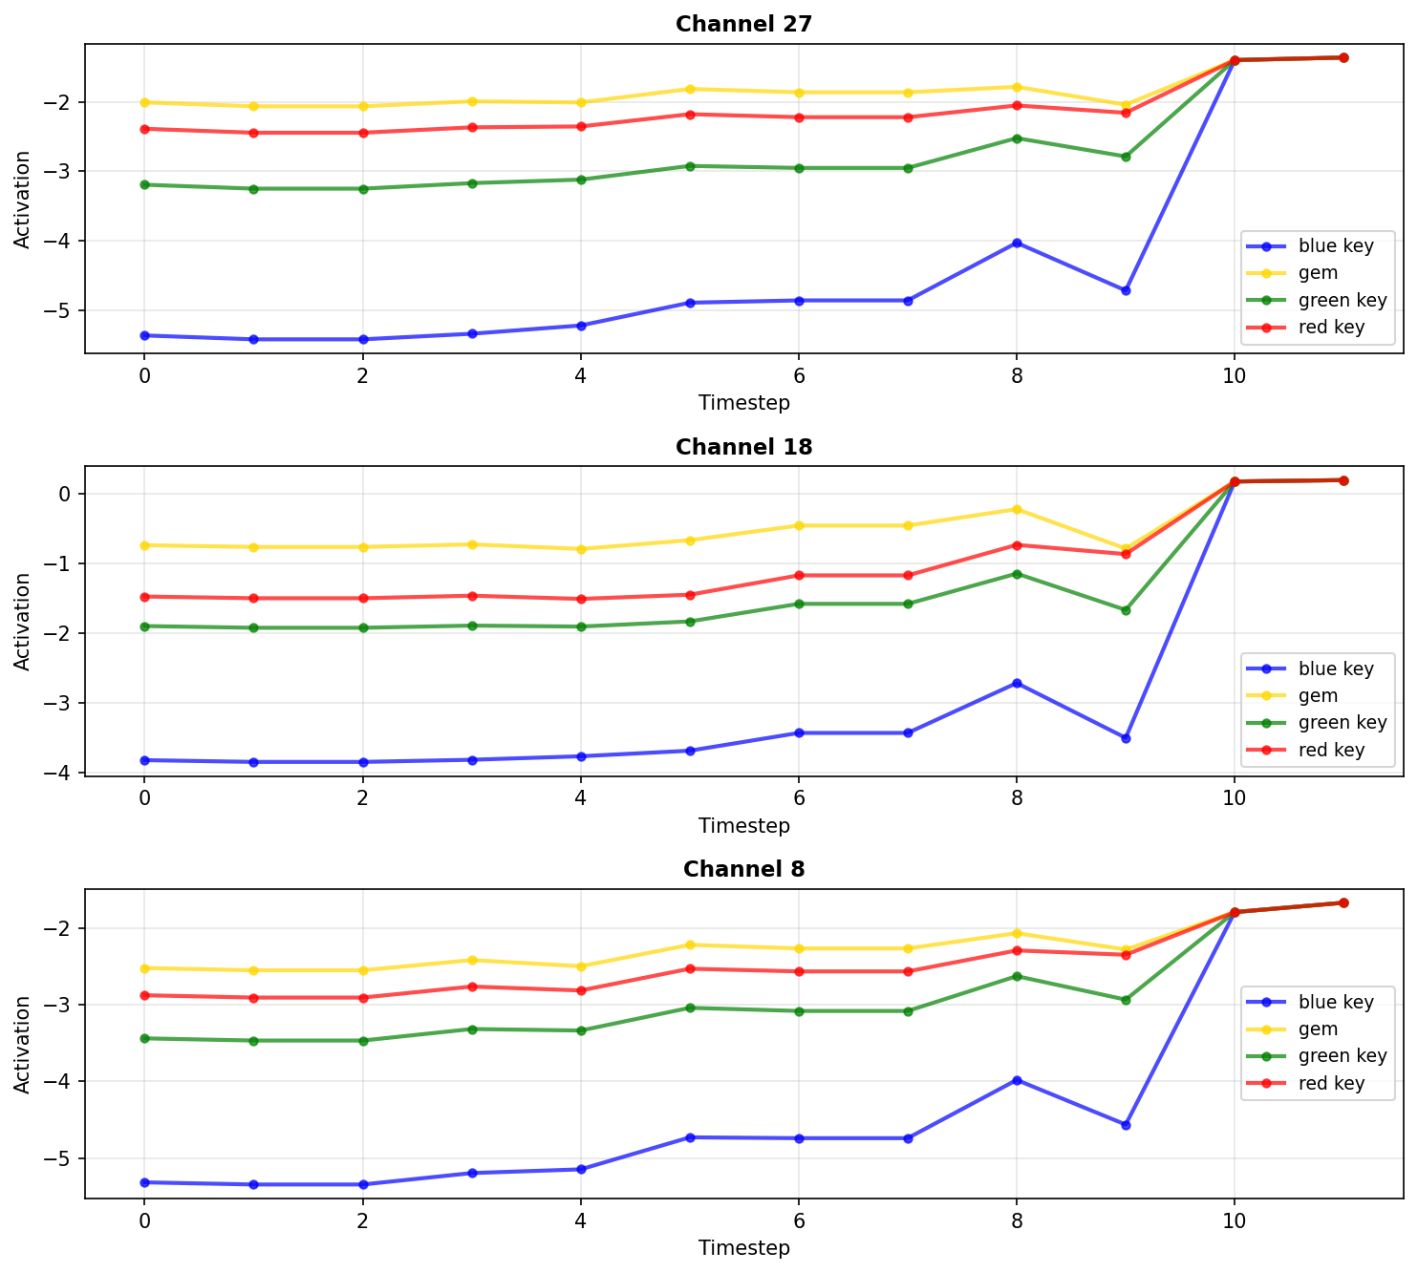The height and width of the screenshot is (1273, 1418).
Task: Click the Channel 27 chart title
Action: pos(743,24)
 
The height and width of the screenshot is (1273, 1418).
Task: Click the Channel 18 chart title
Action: pos(743,447)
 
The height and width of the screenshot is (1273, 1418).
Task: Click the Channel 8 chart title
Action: pos(743,869)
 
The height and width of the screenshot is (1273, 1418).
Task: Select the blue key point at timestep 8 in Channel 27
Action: pos(1017,243)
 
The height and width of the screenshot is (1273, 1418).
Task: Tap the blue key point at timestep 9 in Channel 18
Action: pos(1126,738)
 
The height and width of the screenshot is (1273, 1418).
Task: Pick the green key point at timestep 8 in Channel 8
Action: pos(1017,976)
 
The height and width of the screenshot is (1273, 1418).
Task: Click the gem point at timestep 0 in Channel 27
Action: pos(144,102)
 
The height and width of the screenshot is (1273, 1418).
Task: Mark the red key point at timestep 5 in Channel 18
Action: pos(690,595)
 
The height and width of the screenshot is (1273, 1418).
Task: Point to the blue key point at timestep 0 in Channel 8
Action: pos(144,1182)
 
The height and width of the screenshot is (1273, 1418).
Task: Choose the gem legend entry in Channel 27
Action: pos(1318,273)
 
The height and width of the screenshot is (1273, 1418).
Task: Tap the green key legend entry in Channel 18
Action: pos(1342,723)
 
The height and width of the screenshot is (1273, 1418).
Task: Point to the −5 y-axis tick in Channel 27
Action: pos(65,310)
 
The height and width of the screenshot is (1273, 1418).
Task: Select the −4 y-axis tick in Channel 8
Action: pos(65,1082)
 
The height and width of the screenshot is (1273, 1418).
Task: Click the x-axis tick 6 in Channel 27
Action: pos(798,375)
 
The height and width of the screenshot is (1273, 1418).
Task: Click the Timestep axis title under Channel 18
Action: pos(743,825)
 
